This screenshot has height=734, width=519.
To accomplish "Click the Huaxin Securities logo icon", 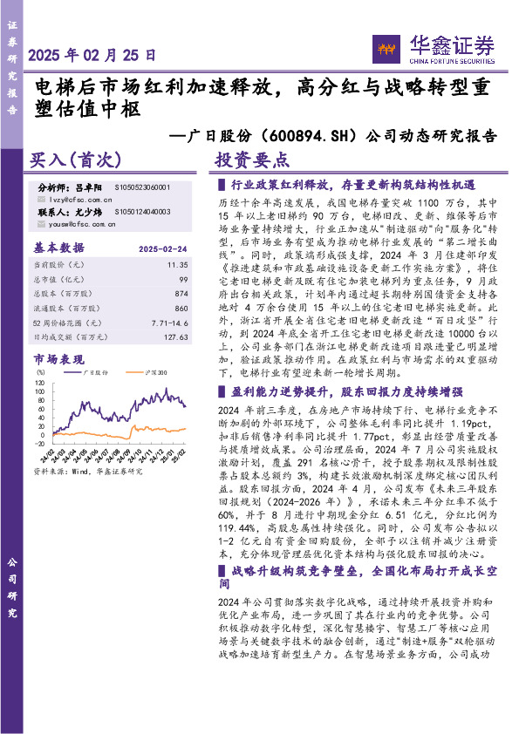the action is pyautogui.click(x=385, y=48).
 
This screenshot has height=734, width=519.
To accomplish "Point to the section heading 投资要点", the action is pyautogui.click(x=251, y=160).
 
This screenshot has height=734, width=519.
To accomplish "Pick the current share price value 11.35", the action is pyautogui.click(x=179, y=263).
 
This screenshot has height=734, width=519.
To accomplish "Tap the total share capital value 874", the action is pyautogui.click(x=181, y=294).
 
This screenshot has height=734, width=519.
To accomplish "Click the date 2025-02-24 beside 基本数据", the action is pyautogui.click(x=164, y=248).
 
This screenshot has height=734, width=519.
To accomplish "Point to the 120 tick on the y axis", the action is pyautogui.click(x=39, y=380).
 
